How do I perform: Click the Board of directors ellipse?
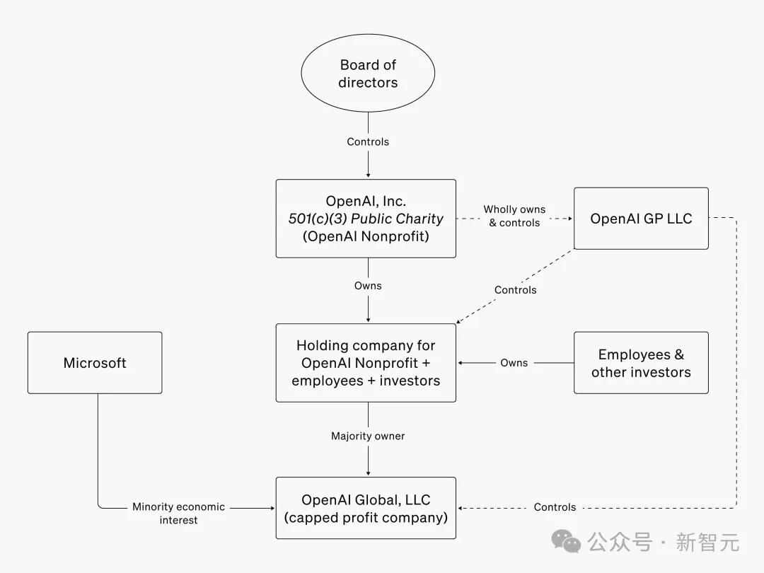(x=368, y=74)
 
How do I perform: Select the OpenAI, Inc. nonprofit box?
(x=366, y=218)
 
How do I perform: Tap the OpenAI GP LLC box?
(x=641, y=219)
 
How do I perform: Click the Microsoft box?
(x=95, y=363)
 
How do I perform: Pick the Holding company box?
(x=366, y=363)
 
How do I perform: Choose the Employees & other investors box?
(x=641, y=363)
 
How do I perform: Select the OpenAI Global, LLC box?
(x=366, y=508)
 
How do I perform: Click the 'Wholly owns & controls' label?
(x=514, y=216)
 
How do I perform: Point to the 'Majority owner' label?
(x=368, y=436)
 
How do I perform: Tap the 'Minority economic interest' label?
(x=178, y=513)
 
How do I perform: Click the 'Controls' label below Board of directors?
(x=368, y=141)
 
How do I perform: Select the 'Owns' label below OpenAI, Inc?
(x=368, y=286)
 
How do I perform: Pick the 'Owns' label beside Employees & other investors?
(x=514, y=363)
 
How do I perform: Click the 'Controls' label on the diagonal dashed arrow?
(x=515, y=290)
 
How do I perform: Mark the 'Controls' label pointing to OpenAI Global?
(x=555, y=507)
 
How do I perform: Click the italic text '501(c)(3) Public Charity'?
(x=366, y=219)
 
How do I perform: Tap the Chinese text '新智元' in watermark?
(x=707, y=543)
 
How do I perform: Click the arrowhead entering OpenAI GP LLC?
(x=569, y=219)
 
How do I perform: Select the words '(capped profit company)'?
(x=366, y=517)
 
